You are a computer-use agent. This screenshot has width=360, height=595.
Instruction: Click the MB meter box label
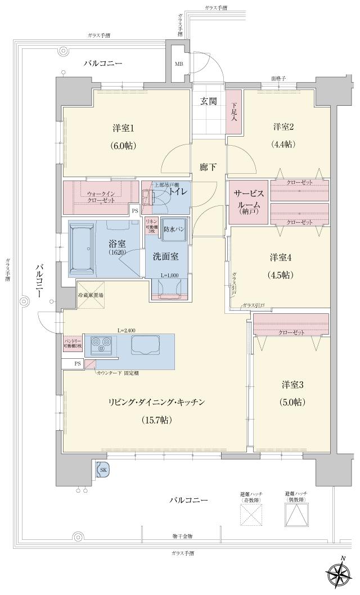click(178, 64)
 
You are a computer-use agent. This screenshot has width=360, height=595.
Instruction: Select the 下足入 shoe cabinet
click(235, 112)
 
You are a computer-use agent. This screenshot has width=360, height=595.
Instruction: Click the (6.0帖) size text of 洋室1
click(123, 146)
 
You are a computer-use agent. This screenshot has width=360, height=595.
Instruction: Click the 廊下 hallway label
click(208, 167)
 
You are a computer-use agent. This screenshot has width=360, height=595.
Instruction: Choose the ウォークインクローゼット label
click(101, 197)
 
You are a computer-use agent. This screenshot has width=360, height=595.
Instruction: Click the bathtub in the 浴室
click(88, 249)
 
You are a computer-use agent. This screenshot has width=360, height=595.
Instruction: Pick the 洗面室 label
click(166, 256)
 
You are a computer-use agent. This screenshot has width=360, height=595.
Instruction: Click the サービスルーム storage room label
click(247, 201)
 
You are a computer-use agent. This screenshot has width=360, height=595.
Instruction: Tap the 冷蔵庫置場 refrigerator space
click(90, 295)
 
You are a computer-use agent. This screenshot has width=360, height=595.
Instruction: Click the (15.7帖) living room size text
click(157, 420)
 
